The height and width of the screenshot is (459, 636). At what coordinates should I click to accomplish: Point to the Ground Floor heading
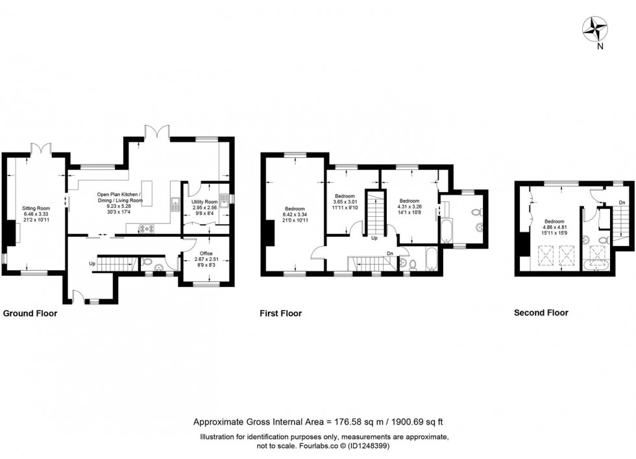point(30,314)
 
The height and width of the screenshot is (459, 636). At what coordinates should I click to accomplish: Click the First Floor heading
point(280,314)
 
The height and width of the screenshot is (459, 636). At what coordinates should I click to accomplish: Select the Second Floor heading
point(541,312)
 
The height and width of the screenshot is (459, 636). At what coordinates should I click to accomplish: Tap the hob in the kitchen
point(147,229)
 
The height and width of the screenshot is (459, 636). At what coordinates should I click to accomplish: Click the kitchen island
point(147,193)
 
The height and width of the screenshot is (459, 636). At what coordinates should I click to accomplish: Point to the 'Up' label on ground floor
point(92,264)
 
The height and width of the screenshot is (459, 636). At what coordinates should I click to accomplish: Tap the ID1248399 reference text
point(371,446)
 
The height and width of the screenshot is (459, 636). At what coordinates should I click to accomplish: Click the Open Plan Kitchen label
point(119,194)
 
